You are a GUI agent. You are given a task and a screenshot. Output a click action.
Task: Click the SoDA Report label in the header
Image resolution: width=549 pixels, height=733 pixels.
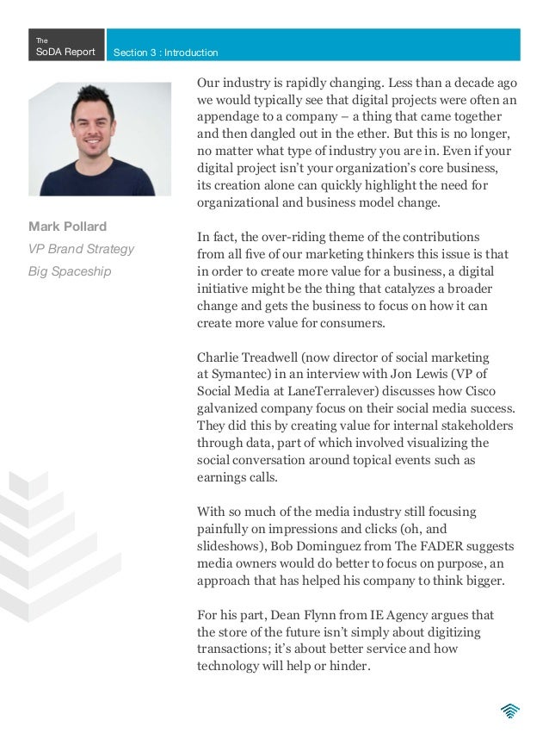(65, 52)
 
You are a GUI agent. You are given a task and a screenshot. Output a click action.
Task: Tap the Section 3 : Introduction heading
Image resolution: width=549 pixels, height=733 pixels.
(165, 53)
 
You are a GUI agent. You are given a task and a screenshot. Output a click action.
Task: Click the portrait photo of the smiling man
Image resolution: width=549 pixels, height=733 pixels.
(99, 139)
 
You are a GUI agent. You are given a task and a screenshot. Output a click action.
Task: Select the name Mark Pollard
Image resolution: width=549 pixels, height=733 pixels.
(67, 227)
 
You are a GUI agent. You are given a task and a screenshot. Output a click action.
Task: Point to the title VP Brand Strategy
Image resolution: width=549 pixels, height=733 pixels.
(81, 249)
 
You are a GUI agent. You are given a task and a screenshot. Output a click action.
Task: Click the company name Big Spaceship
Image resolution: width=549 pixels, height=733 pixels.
(73, 271)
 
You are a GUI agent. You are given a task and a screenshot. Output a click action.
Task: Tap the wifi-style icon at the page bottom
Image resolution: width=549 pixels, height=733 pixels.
(510, 710)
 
